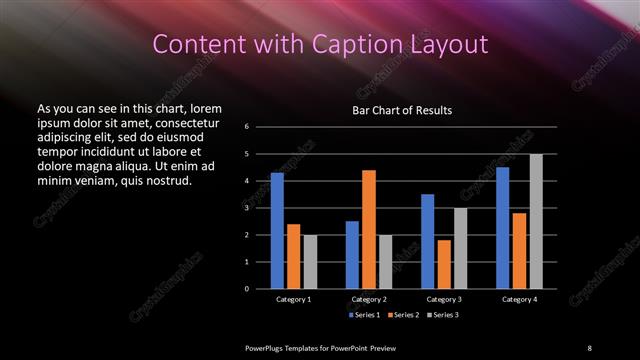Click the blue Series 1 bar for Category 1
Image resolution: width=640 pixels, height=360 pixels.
tap(277, 231)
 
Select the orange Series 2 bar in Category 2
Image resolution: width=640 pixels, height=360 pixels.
tap(369, 229)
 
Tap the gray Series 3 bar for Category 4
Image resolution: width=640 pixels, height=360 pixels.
tap(536, 221)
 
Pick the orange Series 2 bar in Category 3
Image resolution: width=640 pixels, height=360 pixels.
tap(444, 264)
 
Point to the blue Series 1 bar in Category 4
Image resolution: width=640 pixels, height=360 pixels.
tap(502, 228)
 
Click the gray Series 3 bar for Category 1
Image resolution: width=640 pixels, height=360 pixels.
tap(310, 262)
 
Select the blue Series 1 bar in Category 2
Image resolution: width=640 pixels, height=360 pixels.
tap(352, 255)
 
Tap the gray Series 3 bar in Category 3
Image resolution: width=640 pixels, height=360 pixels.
tap(461, 248)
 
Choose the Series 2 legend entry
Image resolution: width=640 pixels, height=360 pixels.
tap(401, 316)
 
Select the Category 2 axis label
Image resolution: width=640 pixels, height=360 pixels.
tap(369, 299)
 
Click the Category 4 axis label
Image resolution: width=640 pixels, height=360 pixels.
tap(519, 299)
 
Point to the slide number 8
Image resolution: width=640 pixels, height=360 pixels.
tap(589, 347)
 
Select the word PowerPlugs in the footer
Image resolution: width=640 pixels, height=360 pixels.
tap(267, 347)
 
